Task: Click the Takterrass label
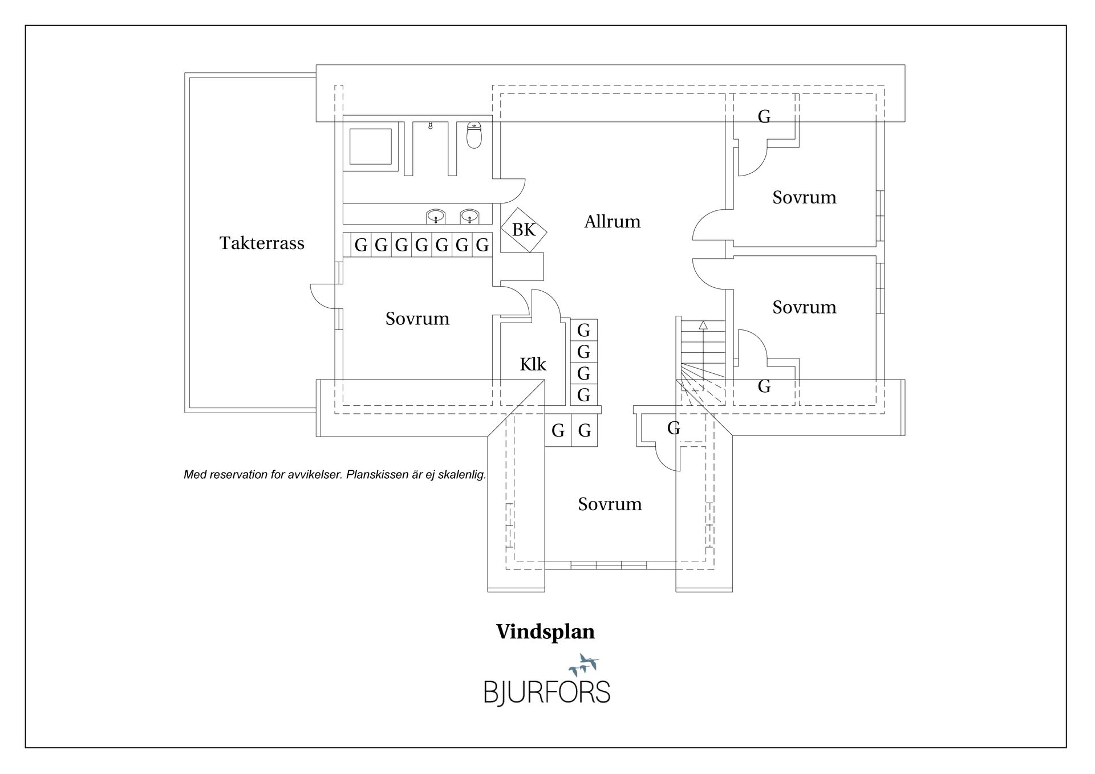tap(262, 243)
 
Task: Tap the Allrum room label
tap(612, 221)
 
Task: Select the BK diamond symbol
tap(524, 229)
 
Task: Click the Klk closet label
tap(533, 364)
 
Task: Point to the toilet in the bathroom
tap(474, 135)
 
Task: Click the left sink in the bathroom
tap(436, 217)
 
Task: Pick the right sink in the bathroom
tap(469, 217)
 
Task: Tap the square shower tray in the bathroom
tap(370, 146)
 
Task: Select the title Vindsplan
tap(545, 632)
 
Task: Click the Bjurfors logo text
tap(547, 691)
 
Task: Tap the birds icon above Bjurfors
tap(583, 665)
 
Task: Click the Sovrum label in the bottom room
tap(610, 504)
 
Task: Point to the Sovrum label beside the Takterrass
tap(417, 318)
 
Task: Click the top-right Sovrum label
tap(804, 197)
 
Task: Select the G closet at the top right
tap(764, 117)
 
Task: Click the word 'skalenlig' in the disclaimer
tap(461, 475)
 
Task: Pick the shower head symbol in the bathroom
tap(430, 125)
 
